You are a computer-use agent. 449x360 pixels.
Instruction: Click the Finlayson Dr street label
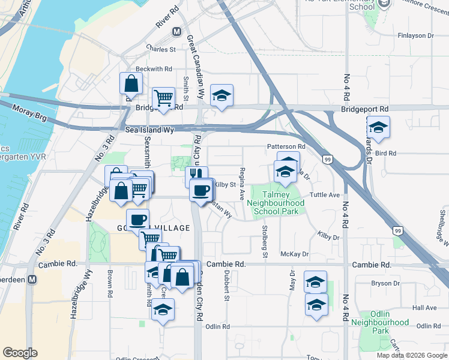point(415,36)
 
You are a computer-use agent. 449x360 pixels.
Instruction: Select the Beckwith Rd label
point(154,69)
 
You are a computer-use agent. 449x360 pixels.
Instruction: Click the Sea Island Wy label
point(149,130)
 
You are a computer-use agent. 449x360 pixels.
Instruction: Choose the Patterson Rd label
point(286,146)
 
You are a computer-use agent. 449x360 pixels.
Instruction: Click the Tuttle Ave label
point(325,196)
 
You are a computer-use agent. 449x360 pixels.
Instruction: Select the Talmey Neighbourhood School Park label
point(276,203)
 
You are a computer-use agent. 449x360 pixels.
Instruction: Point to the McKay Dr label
point(294,254)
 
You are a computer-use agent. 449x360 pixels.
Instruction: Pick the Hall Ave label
point(425,308)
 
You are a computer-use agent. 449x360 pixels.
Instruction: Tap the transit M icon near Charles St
point(176,31)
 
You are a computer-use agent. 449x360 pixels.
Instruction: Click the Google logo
point(20,353)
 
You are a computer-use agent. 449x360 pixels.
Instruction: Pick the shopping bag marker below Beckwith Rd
point(131,83)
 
